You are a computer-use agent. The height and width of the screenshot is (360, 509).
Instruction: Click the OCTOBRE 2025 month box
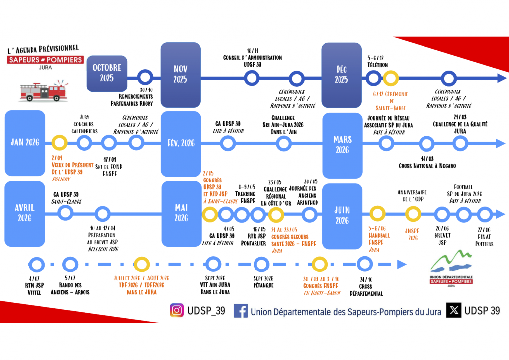pyautogui.click(x=106, y=73)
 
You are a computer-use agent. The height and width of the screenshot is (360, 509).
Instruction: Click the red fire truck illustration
pyautogui.click(x=43, y=91)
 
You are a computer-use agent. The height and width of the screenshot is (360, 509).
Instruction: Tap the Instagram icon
pyautogui.click(x=177, y=310)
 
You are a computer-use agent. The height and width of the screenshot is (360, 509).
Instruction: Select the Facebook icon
pyautogui.click(x=241, y=311)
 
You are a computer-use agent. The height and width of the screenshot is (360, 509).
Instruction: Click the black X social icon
pyautogui.click(x=453, y=310)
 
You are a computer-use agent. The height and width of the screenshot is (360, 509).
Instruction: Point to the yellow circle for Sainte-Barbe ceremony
pyautogui.click(x=391, y=78)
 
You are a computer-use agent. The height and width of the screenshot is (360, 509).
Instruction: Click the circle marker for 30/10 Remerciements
pyautogui.click(x=145, y=77)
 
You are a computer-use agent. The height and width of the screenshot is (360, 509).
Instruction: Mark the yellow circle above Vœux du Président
pyautogui.click(x=59, y=143)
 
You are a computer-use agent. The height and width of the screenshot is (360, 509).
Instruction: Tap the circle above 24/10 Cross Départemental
pyautogui.click(x=365, y=264)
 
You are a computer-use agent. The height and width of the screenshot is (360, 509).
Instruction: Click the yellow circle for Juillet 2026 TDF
pyautogui.click(x=142, y=264)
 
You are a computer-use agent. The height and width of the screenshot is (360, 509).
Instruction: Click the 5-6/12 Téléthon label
pyautogui.click(x=377, y=61)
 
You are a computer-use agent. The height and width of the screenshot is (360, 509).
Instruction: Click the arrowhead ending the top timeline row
pyautogui.click(x=501, y=78)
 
